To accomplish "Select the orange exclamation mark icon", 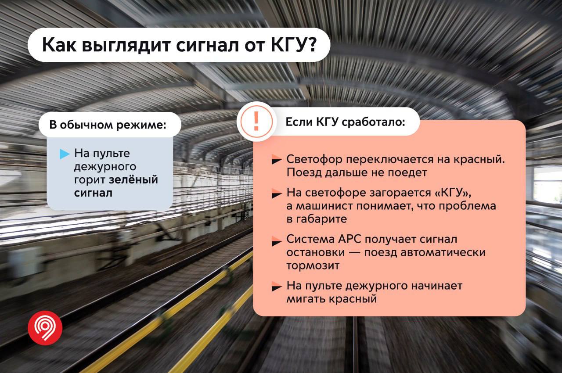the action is click(x=256, y=121).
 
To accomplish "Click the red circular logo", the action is click(x=45, y=328).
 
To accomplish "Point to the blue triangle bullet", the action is click(x=65, y=154).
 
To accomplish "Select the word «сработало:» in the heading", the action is click(x=374, y=122).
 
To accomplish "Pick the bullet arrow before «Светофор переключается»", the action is click(x=277, y=159).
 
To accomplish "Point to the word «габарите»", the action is click(x=322, y=219).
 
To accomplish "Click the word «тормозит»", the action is click(x=313, y=266).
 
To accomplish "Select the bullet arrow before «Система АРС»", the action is click(x=277, y=241).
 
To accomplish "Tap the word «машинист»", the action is click(x=324, y=206).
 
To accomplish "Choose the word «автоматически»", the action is click(x=443, y=252).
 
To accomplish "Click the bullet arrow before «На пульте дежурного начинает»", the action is click(x=277, y=286).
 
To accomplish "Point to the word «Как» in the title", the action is click(x=59, y=45).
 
